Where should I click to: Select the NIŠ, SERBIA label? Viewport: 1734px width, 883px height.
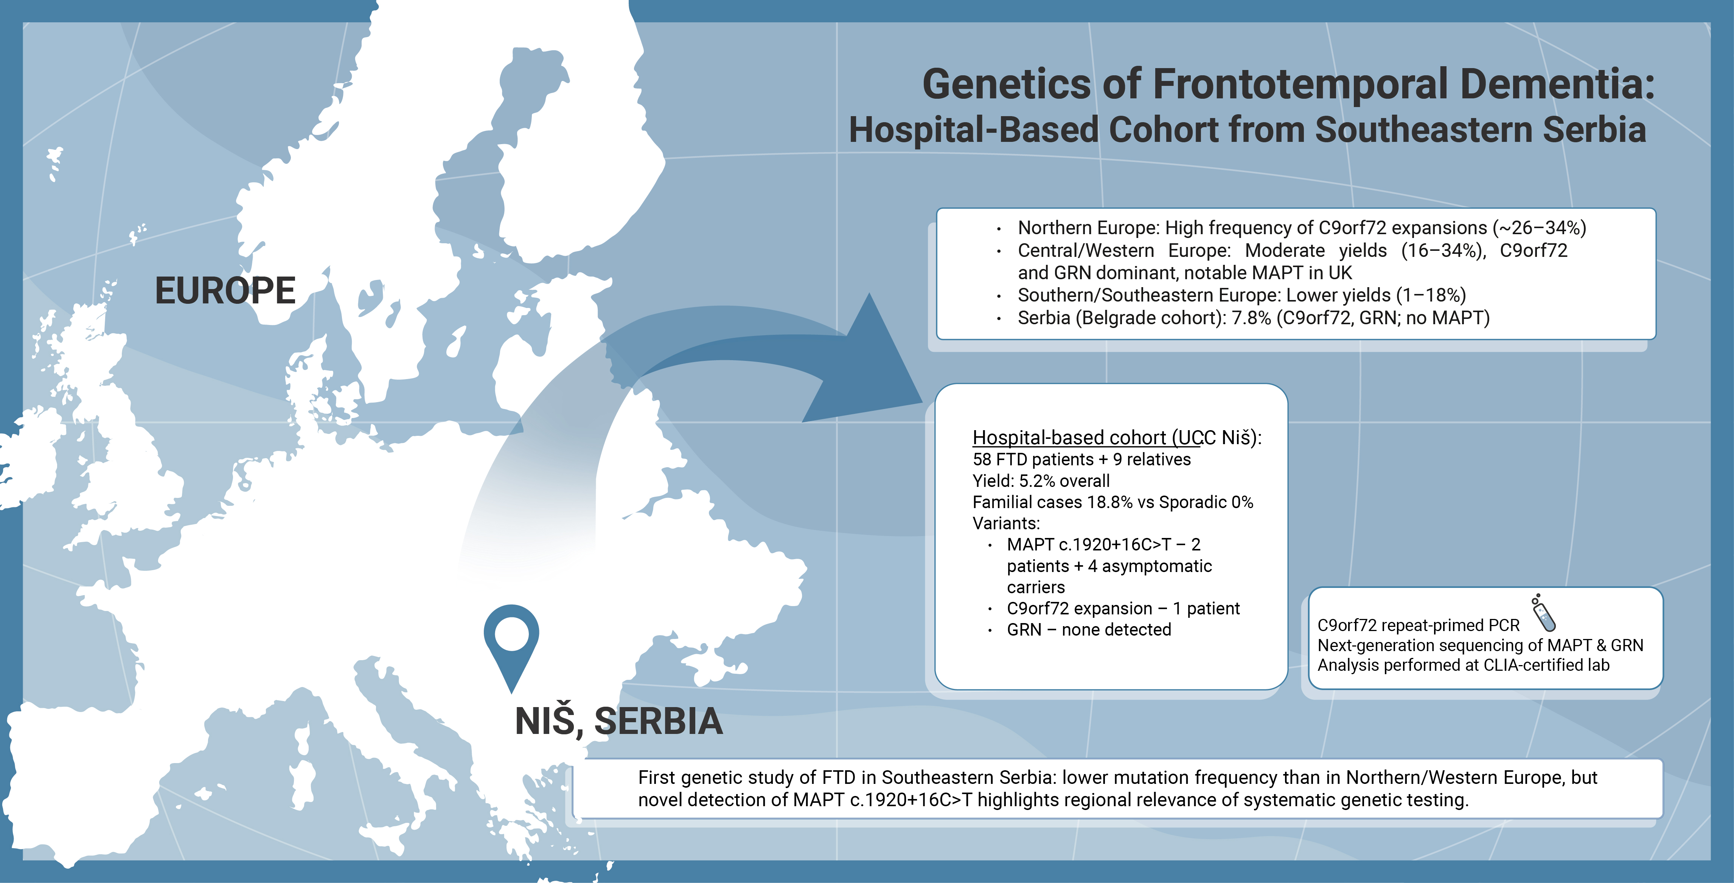click(x=618, y=721)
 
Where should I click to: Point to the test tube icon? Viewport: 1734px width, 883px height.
click(x=1543, y=613)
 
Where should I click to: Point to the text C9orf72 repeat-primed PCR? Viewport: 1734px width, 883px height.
click(x=1418, y=625)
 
